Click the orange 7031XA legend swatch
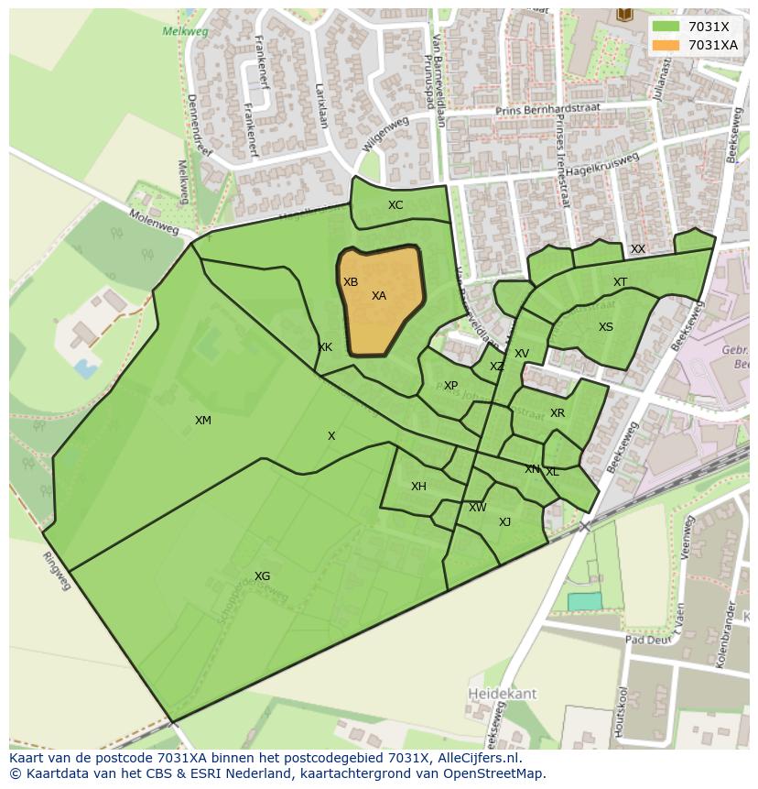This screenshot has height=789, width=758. click(666, 45)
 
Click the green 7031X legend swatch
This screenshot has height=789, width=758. click(666, 27)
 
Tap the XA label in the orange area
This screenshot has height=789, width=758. click(379, 296)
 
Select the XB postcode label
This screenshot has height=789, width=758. click(351, 282)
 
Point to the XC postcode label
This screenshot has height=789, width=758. click(395, 205)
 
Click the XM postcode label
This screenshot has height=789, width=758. click(203, 421)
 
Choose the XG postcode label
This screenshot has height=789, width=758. click(263, 576)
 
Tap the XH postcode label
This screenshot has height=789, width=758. click(418, 487)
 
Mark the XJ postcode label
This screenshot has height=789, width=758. click(504, 522)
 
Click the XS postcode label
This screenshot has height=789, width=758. click(606, 327)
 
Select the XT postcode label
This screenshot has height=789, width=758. click(621, 282)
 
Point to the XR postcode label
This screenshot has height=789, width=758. click(558, 413)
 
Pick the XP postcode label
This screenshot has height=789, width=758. click(450, 386)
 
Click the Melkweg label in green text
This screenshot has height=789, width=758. click(185, 31)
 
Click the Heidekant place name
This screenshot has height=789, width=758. click(503, 694)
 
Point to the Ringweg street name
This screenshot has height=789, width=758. click(57, 571)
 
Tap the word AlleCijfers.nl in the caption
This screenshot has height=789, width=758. click(477, 759)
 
